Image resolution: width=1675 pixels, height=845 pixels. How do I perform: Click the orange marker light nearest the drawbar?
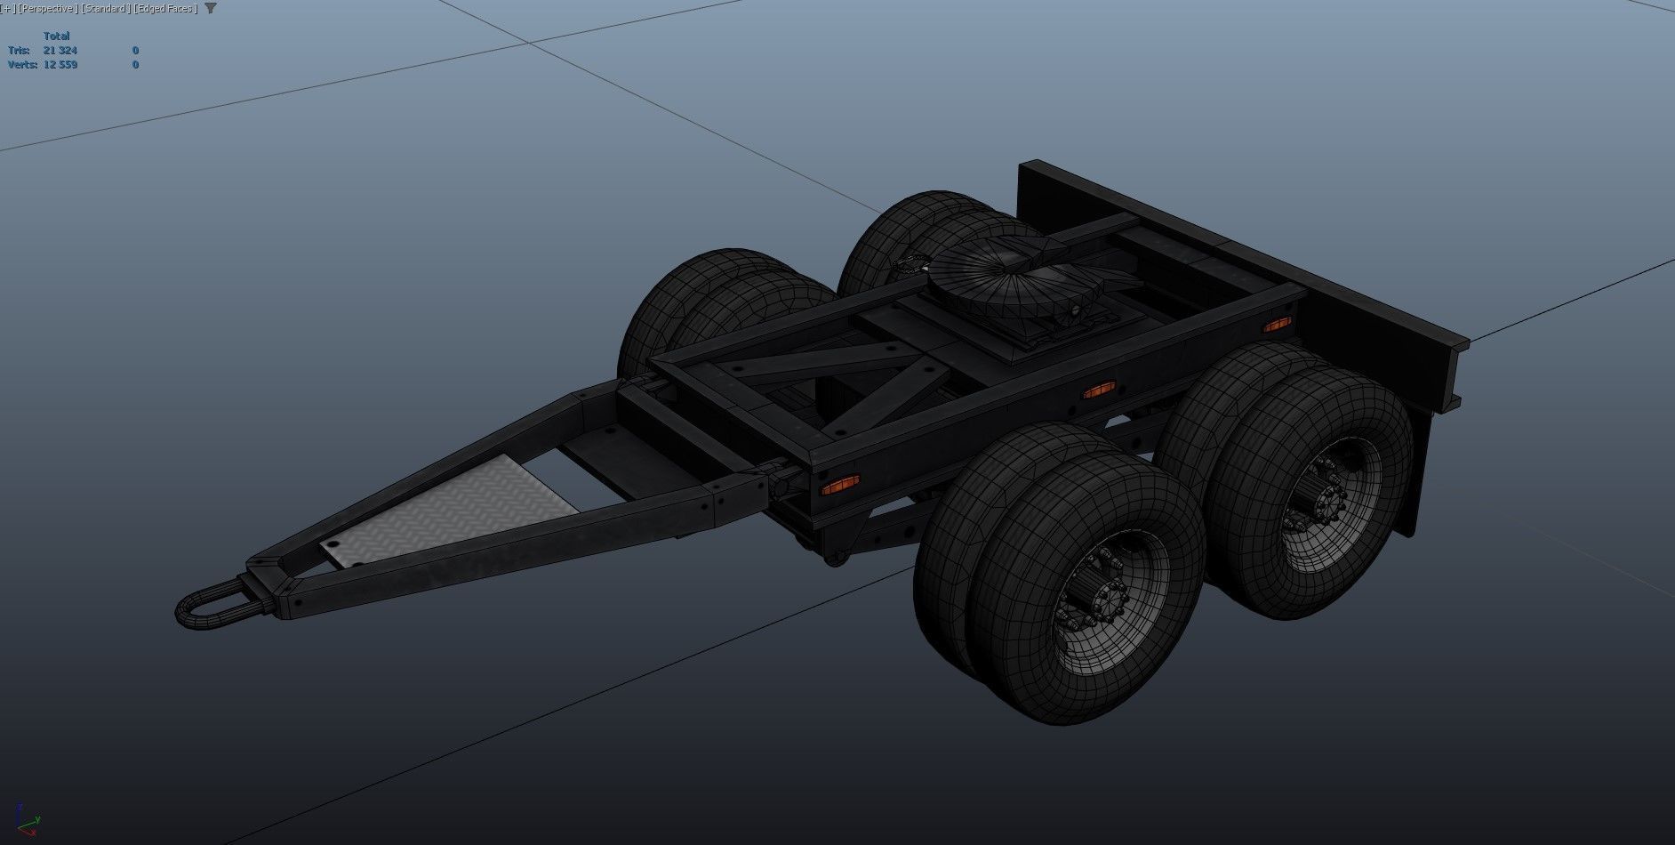(x=839, y=486)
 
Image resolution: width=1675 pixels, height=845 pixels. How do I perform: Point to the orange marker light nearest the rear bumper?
(x=1277, y=325)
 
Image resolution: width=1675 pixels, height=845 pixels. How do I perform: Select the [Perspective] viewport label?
(x=46, y=8)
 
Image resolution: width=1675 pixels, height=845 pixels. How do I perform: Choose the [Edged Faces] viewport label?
(x=165, y=8)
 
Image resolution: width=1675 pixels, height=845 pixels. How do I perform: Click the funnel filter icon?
(x=211, y=8)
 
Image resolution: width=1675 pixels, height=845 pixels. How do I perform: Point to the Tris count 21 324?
(x=60, y=51)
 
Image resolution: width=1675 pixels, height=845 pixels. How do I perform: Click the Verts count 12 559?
(x=60, y=65)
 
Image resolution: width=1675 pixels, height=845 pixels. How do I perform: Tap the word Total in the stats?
(x=56, y=36)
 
